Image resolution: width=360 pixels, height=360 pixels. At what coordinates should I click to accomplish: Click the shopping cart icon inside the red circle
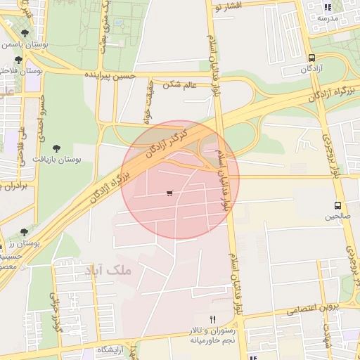coord(169,193)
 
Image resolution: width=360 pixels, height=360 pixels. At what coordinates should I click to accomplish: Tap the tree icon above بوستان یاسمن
coord(25,33)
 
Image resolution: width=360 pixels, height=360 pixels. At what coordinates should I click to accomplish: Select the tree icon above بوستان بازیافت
coord(56,148)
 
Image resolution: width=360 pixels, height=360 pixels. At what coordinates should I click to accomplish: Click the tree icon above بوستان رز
coord(25,231)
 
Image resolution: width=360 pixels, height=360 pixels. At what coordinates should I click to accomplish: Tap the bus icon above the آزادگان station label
coord(311,58)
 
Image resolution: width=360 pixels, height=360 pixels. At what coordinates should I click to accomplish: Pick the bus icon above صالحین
coord(338,206)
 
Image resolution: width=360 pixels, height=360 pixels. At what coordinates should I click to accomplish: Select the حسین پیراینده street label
coord(117,74)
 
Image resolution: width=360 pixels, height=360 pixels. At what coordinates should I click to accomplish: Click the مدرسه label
coord(328,17)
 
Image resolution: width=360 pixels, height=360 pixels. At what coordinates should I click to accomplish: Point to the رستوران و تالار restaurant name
coord(215,330)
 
